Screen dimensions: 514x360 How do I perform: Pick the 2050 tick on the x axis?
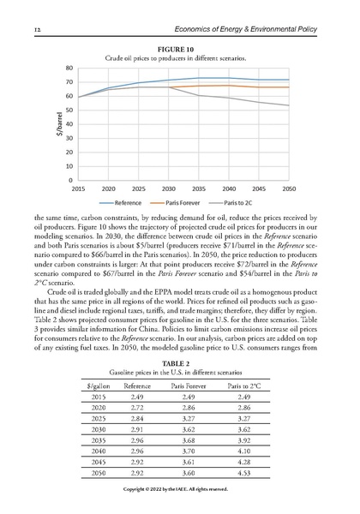tap(289, 188)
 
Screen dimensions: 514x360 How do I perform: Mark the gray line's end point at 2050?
tap(289, 105)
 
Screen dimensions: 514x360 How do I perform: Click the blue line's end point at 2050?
tap(289, 80)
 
